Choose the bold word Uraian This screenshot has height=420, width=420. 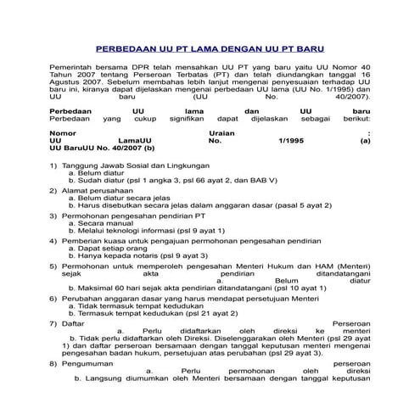pyautogui.click(x=223, y=133)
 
